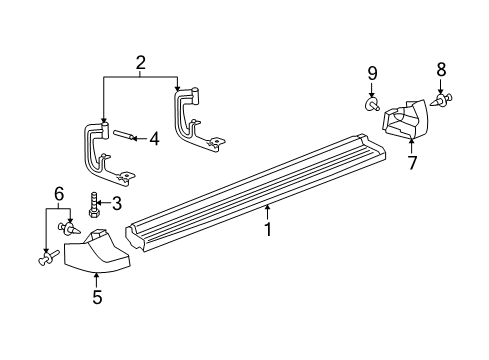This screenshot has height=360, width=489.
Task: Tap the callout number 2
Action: click(140, 63)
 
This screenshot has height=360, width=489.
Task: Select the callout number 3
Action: click(115, 205)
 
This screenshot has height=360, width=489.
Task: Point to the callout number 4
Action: click(153, 139)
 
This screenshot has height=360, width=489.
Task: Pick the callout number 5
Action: click(97, 295)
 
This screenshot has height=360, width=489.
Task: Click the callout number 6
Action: click(58, 193)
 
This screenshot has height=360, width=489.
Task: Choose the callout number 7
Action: click(411, 161)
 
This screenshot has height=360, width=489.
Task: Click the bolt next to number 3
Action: click(93, 206)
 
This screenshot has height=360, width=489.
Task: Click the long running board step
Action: click(260, 190)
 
